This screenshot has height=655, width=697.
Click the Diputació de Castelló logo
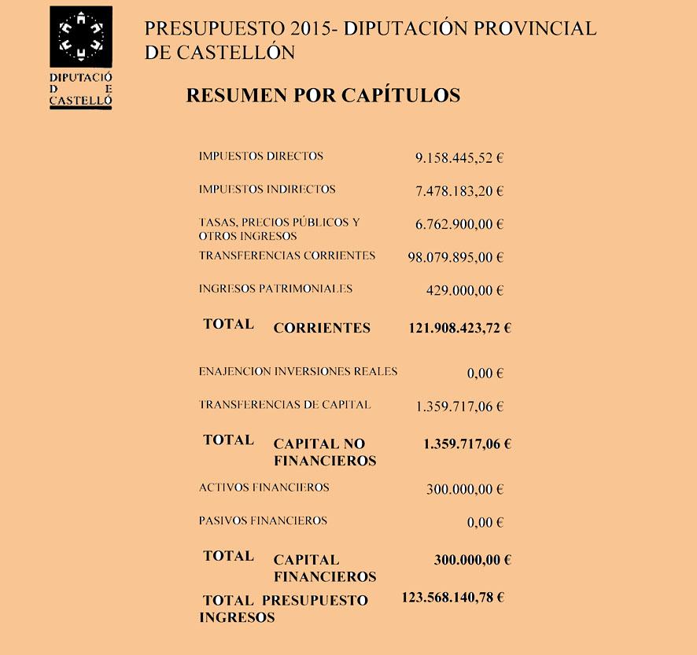(x=80, y=57)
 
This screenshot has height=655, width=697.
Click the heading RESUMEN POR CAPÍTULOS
(x=323, y=96)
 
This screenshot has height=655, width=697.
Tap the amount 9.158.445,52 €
(x=459, y=158)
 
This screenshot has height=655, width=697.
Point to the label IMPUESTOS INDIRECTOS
(x=267, y=190)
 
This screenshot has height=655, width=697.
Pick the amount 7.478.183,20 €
(x=459, y=191)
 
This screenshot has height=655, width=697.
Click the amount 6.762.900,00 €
(x=459, y=225)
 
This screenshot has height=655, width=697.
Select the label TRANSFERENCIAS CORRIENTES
(x=287, y=256)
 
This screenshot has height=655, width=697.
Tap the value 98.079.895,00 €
(x=455, y=258)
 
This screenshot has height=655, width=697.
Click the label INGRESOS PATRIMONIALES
(x=275, y=289)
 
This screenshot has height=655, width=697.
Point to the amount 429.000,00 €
(x=464, y=291)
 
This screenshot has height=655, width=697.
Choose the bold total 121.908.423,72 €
(x=459, y=328)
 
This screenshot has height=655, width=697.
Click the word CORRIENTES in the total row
(x=322, y=329)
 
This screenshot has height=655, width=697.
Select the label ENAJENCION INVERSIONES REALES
(x=298, y=371)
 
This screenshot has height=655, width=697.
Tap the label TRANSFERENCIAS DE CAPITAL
(x=285, y=405)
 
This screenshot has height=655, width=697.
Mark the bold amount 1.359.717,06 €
(x=467, y=444)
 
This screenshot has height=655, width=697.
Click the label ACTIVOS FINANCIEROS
(x=264, y=488)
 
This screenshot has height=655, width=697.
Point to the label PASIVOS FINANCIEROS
(x=263, y=521)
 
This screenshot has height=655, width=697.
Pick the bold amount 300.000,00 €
(x=473, y=561)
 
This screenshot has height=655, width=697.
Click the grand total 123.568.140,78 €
(x=453, y=598)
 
